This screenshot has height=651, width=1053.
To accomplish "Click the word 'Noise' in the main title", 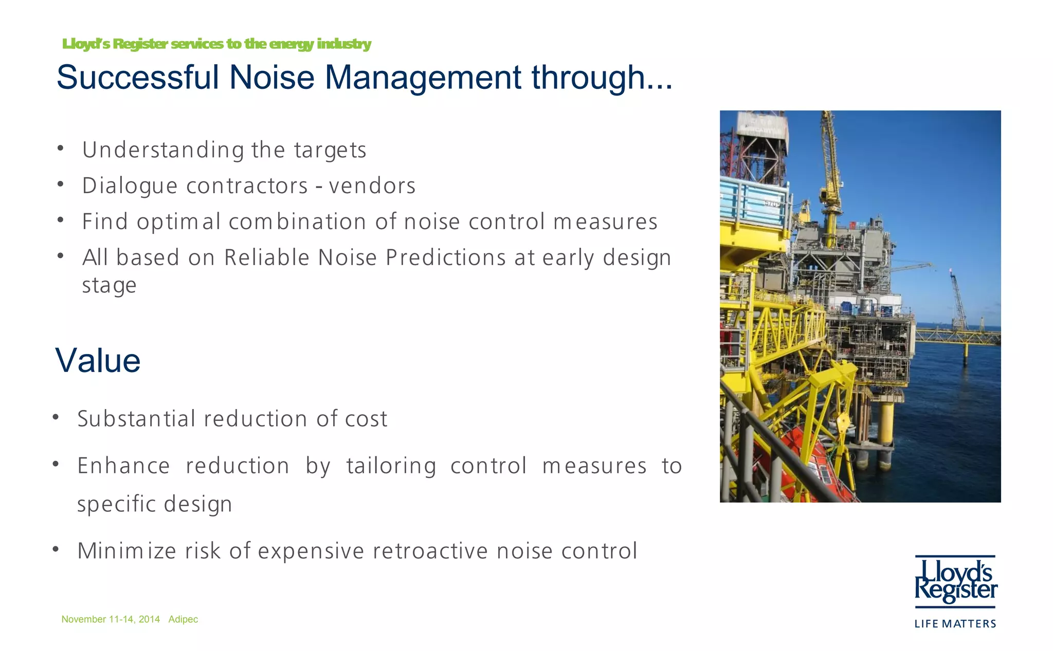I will click(271, 78).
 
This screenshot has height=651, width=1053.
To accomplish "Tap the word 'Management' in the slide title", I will click(423, 78).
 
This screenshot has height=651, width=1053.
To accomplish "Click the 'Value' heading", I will click(98, 361).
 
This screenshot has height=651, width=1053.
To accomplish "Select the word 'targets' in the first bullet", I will click(330, 150).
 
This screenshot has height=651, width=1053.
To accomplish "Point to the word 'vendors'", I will click(372, 186).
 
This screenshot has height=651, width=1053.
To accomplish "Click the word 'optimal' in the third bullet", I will click(178, 222).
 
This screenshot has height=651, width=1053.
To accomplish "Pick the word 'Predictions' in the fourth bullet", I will click(445, 258).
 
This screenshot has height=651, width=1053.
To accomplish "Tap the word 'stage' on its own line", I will click(109, 285).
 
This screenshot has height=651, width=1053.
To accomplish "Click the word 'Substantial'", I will click(136, 419).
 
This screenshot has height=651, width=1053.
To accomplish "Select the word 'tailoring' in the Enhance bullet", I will click(391, 466).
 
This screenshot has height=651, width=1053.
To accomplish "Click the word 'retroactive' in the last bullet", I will click(430, 551).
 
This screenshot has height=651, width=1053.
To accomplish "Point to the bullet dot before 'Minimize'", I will click(56, 550).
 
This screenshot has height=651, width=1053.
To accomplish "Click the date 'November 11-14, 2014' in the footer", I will click(111, 619).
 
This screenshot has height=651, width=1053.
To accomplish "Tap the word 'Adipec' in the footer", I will click(183, 619).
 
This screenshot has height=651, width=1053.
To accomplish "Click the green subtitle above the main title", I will click(216, 44).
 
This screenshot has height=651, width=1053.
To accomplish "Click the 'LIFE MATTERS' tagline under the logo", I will click(955, 624).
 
